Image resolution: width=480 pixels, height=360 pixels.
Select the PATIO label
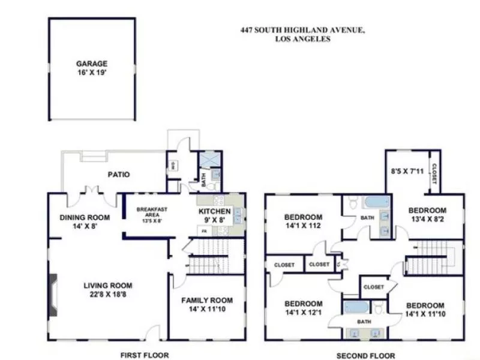pos(119,175)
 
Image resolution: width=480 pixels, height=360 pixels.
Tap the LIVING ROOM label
pos(108,290)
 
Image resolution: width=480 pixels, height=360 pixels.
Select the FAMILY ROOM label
pos(207,304)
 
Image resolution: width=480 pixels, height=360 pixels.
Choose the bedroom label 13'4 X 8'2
pos(427,215)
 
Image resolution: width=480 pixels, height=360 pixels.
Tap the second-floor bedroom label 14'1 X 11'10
pos(424,310)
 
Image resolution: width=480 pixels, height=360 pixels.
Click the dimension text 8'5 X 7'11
pos(407,172)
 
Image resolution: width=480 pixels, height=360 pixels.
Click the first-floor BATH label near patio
pos(203,178)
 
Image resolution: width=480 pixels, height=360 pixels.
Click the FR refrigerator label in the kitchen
pos(204,230)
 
